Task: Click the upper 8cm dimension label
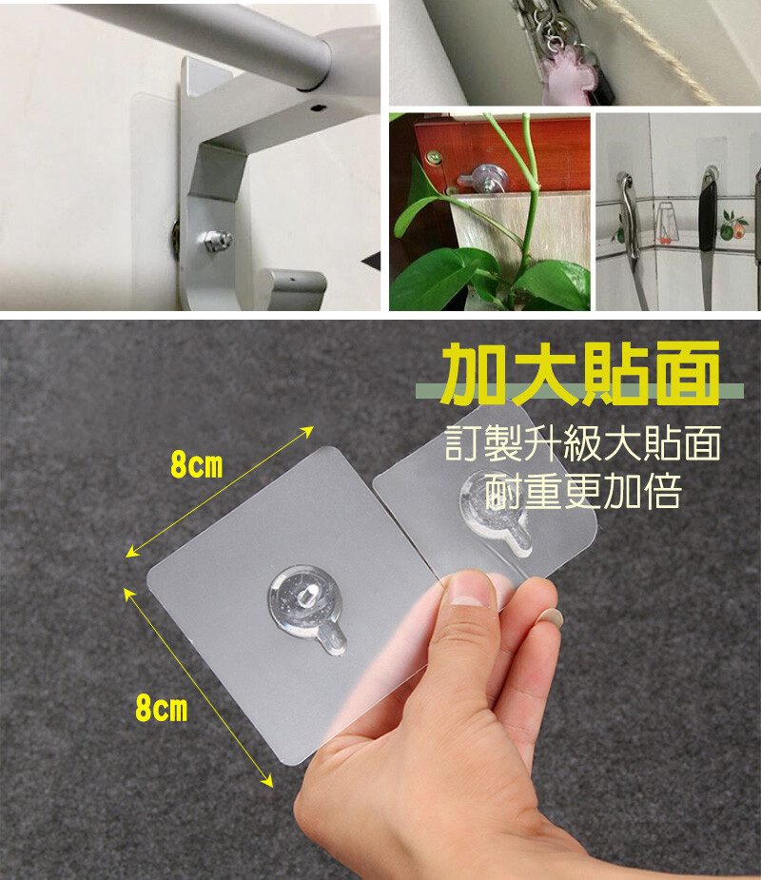(196, 465)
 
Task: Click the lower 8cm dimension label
(162, 708)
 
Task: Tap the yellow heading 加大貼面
(581, 373)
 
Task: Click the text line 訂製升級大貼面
(582, 443)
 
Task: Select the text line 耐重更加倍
(584, 491)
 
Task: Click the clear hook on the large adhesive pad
(307, 608)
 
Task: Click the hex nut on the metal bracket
(218, 241)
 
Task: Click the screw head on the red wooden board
(433, 157)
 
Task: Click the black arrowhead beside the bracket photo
(372, 261)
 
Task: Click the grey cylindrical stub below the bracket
(292, 287)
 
